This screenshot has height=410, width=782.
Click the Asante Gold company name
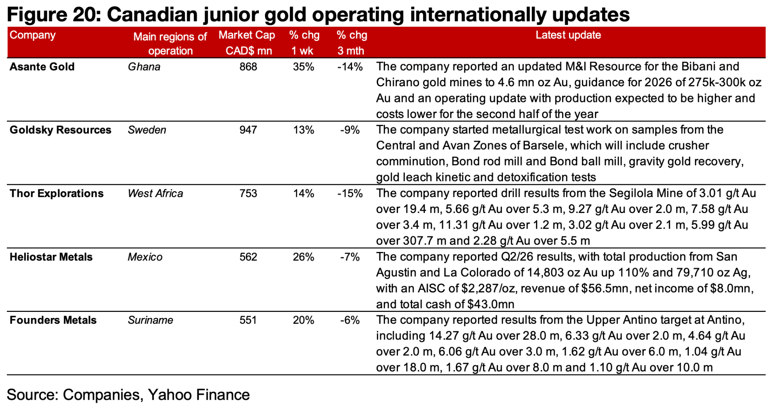pos(42,67)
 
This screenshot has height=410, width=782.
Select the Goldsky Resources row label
pos(60,130)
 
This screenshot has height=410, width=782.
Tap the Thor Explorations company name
pos(57,194)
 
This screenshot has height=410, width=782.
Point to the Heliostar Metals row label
pos(51,257)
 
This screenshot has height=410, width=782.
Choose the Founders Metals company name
pos(53,320)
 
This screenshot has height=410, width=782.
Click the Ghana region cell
pos(144,67)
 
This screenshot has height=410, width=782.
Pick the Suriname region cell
pos(150,320)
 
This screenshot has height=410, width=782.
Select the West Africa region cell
pos(155,194)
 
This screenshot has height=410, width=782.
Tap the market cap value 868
pos(248,67)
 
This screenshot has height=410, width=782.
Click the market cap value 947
pos(248,130)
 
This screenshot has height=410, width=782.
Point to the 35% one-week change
pos(304,67)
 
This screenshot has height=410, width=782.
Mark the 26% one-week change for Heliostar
pos(304,257)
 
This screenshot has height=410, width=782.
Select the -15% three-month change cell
pos(350,194)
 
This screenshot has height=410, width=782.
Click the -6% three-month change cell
pos(350,320)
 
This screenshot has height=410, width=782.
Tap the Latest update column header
pos(568,35)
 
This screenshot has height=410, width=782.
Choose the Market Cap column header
pos(247,43)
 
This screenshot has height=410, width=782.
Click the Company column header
pos(32,36)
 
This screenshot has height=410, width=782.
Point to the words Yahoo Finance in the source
pos(199,395)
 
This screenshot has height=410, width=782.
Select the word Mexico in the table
pos(145,257)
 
